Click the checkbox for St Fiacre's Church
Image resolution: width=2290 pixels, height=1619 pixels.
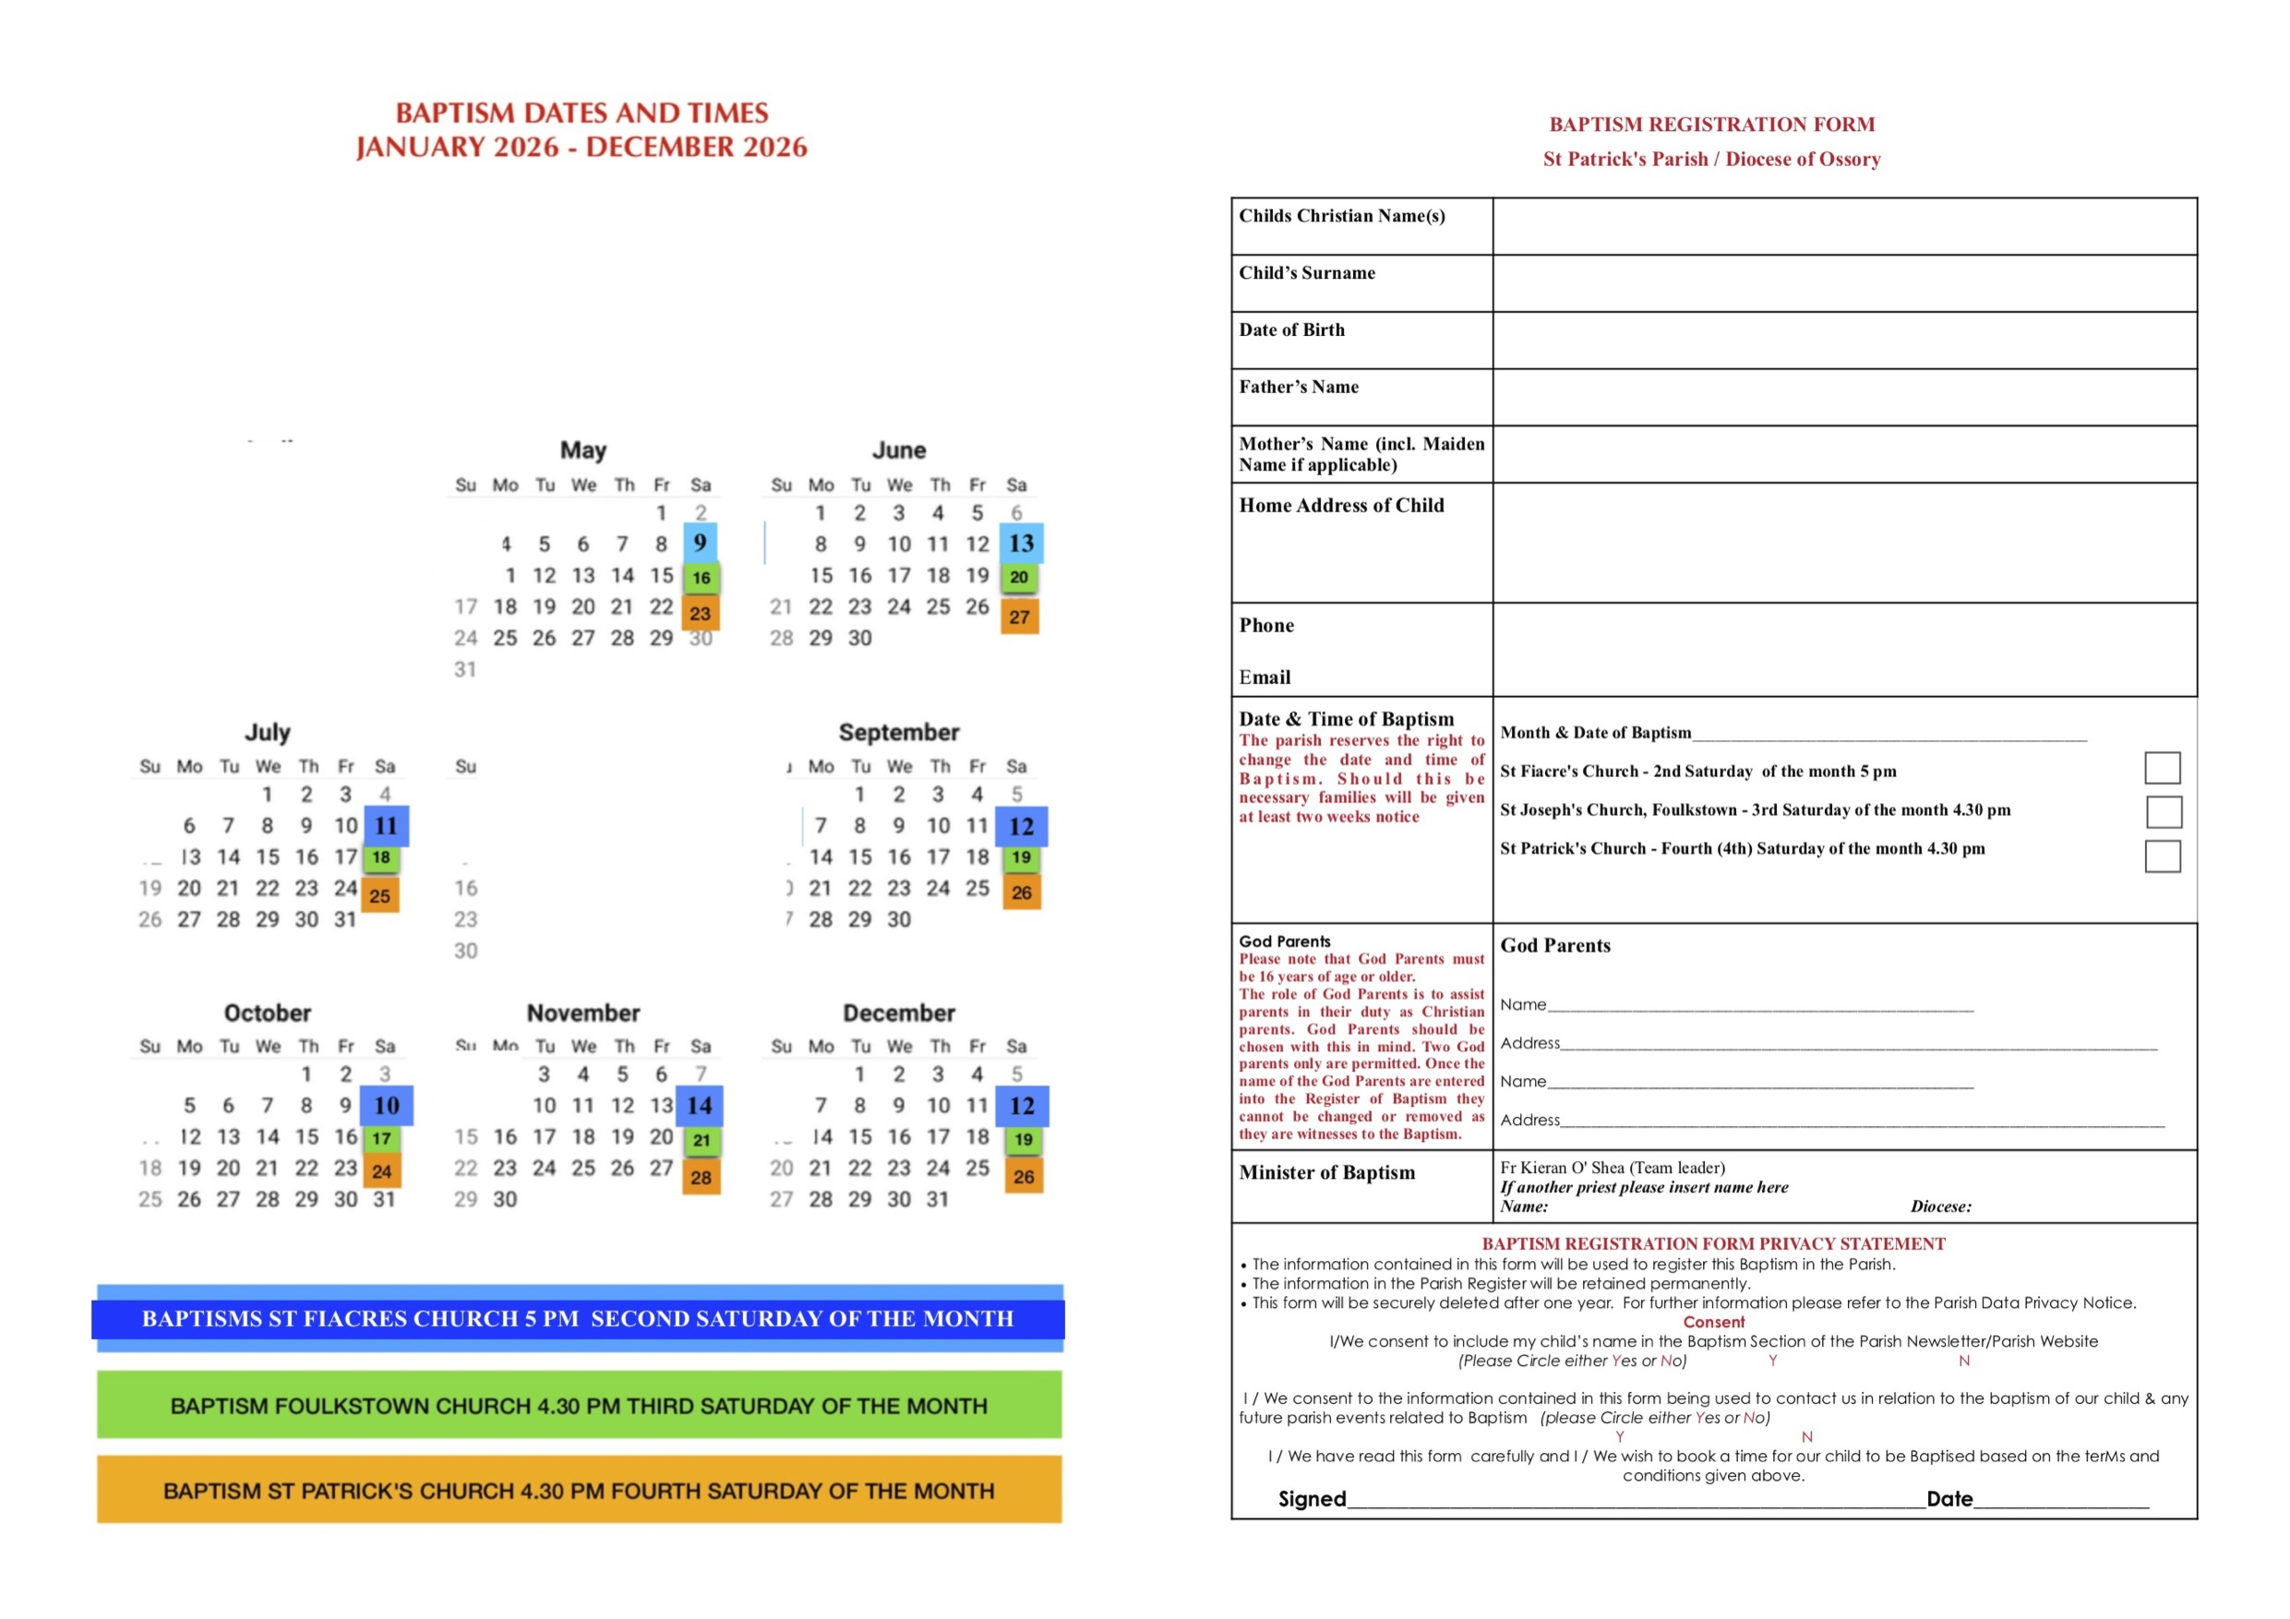pyautogui.click(x=2162, y=768)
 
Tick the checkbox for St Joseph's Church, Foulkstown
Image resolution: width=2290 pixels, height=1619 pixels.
pyautogui.click(x=2163, y=811)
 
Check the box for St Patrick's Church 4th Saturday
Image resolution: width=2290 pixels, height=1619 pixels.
pyautogui.click(x=2162, y=856)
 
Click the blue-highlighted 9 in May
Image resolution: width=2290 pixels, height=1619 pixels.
pyautogui.click(x=701, y=543)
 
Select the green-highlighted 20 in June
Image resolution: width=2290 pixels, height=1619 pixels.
pyautogui.click(x=1018, y=577)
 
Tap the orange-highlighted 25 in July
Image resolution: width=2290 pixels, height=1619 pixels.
pyautogui.click(x=380, y=894)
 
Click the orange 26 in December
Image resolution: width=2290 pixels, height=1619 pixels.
pyautogui.click(x=1024, y=1176)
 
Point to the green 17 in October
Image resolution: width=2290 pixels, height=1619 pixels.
pyautogui.click(x=381, y=1138)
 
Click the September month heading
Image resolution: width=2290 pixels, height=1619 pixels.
pyautogui.click(x=899, y=732)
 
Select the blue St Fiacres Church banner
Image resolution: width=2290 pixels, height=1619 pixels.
pyautogui.click(x=579, y=1319)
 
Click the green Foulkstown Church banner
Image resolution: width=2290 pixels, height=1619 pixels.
pyautogui.click(x=579, y=1406)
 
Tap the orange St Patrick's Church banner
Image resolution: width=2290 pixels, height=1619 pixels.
pyautogui.click(x=579, y=1491)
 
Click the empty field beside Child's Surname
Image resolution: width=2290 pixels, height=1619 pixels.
pyautogui.click(x=1843, y=283)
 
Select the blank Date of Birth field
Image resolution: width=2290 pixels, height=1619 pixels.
pyautogui.click(x=1843, y=341)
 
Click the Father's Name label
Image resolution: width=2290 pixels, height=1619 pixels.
pyautogui.click(x=1299, y=387)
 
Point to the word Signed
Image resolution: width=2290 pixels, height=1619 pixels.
pyautogui.click(x=1312, y=1498)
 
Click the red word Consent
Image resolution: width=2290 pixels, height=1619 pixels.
pyautogui.click(x=1713, y=1322)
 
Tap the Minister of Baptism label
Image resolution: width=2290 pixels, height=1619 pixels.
pyautogui.click(x=1326, y=1172)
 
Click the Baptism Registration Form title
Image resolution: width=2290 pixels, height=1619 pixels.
pyautogui.click(x=1711, y=125)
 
